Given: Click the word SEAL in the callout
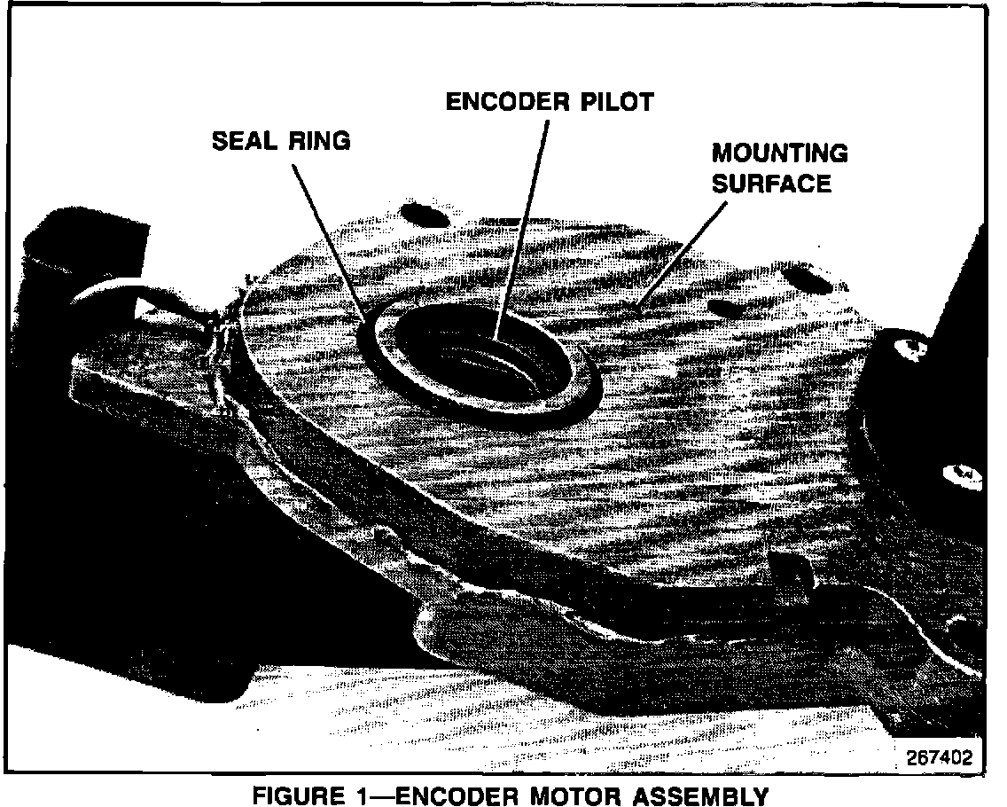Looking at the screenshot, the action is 244,141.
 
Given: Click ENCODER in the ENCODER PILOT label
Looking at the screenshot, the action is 501,102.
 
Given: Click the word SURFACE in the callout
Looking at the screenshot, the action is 772,184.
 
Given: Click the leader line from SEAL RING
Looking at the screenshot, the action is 328,239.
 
